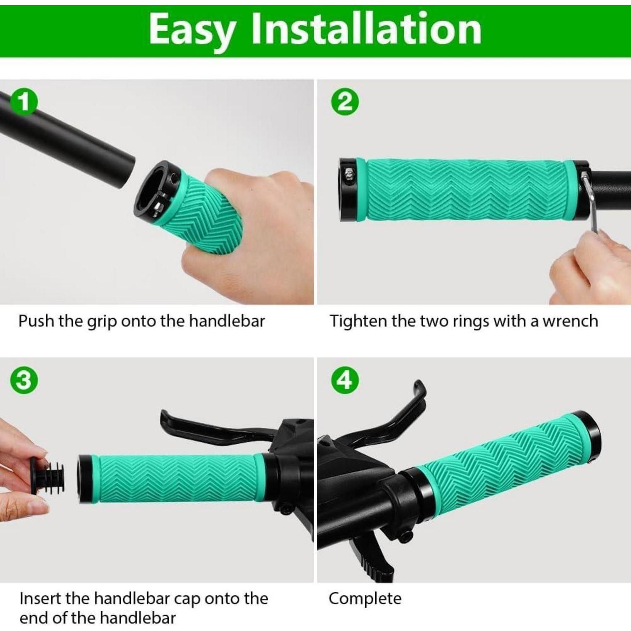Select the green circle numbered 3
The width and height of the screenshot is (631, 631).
24,380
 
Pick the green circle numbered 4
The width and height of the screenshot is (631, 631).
345,380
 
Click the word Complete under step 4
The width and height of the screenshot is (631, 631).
365,599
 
